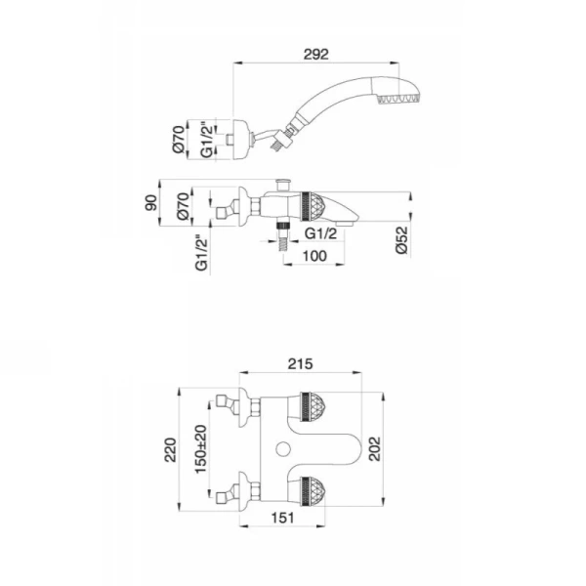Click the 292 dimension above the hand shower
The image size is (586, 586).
coord(315,55)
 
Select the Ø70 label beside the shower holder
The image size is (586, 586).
coord(179,139)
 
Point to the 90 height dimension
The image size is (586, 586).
coord(151,203)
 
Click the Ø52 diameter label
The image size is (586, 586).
coord(402,239)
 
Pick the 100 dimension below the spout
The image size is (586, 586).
coord(314,256)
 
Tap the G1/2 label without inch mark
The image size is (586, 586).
coord(320,233)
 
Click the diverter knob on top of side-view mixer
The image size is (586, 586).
coord(283,185)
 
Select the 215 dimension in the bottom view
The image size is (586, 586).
coord(301,363)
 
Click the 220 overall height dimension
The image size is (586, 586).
coord(170,450)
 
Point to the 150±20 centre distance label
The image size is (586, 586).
coord(200,449)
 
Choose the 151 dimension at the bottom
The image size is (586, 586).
coord(282,518)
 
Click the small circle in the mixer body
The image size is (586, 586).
coord(283,449)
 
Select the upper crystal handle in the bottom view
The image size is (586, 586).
coord(313,406)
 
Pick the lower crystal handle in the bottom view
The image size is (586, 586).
coord(313,491)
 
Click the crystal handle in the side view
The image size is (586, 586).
coord(314,207)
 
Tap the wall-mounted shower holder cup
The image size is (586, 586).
coord(240,140)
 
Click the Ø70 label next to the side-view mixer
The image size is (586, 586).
coord(183,206)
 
